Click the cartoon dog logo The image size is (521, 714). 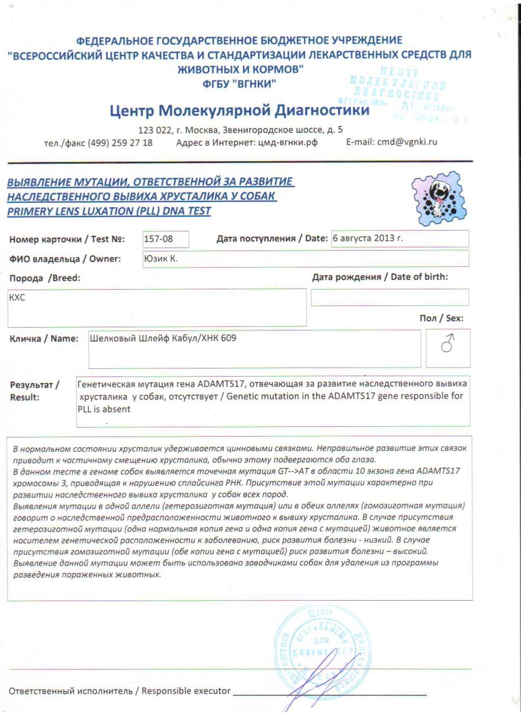439,199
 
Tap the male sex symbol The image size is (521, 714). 448,344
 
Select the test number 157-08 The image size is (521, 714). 158,238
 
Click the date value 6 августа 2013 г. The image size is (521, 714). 367,238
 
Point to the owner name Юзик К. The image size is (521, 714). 161,258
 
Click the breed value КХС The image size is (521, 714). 17,297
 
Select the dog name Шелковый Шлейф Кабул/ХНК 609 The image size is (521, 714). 163,338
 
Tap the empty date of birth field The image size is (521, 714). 389,297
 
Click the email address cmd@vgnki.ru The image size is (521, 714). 407,142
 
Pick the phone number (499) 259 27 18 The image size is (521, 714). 120,143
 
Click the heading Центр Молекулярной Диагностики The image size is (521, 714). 239,110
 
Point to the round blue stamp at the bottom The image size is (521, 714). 323,648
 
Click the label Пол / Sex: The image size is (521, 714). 441,318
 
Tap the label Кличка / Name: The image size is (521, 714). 44,338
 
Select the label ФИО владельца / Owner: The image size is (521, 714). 65,259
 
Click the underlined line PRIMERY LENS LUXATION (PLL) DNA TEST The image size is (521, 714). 109,211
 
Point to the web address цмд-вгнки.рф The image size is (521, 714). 287,142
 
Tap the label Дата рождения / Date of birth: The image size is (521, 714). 380,277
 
